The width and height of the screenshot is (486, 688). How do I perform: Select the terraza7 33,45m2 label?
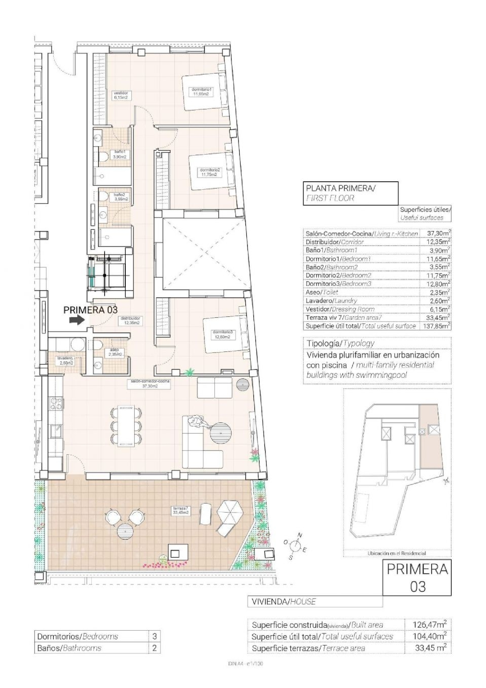coord(181,511)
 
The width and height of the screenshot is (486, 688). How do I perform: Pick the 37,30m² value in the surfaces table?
coord(435,233)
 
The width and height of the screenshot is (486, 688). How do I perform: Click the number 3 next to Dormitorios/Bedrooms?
coord(155,636)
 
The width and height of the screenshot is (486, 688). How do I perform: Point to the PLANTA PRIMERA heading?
coord(340,188)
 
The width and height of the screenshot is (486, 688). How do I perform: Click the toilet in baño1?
coord(104,157)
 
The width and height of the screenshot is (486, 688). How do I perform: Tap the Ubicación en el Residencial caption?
coord(397,553)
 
